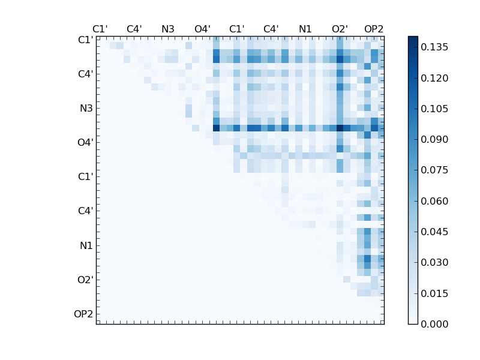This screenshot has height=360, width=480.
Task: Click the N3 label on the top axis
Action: pyautogui.click(x=168, y=29)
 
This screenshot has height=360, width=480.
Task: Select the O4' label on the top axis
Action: pyautogui.click(x=202, y=29)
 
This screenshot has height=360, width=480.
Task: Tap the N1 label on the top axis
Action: pyautogui.click(x=305, y=29)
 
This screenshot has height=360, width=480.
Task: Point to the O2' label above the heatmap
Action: pyautogui.click(x=340, y=29)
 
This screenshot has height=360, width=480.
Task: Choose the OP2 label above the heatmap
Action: pyautogui.click(x=374, y=29)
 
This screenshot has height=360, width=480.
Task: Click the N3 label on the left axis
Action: pyautogui.click(x=86, y=109)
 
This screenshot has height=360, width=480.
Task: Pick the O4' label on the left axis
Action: pyautogui.click(x=85, y=143)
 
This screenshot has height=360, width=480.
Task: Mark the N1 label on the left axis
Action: pyautogui.click(x=86, y=245)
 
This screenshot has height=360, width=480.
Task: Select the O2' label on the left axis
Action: pyautogui.click(x=85, y=280)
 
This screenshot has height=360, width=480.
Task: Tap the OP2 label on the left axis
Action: pyautogui.click(x=83, y=314)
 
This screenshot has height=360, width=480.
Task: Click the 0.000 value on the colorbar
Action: pyautogui.click(x=434, y=324)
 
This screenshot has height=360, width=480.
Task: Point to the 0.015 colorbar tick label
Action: pyautogui.click(x=434, y=293)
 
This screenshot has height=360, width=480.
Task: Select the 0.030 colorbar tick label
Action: pyautogui.click(x=434, y=262)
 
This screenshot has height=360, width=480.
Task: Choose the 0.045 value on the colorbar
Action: pyautogui.click(x=434, y=232)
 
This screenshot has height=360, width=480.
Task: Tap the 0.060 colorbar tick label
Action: pyautogui.click(x=434, y=201)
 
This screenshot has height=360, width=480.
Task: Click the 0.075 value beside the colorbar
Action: pyautogui.click(x=434, y=170)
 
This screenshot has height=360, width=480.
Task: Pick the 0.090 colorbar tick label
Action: pyautogui.click(x=434, y=139)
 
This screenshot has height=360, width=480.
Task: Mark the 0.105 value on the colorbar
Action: pyautogui.click(x=434, y=109)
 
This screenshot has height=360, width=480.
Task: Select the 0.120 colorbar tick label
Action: pyautogui.click(x=434, y=78)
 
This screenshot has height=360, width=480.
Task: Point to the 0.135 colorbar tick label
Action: pyautogui.click(x=434, y=47)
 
